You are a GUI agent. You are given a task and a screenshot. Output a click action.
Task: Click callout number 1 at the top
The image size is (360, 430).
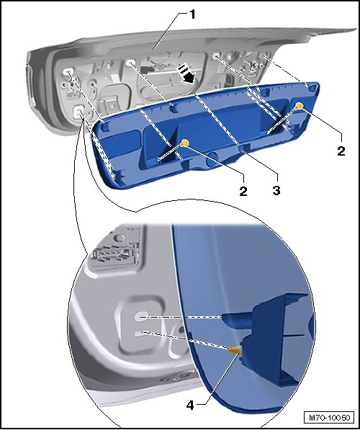click(x=193, y=14)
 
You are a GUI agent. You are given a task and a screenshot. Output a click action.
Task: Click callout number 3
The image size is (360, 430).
click(x=276, y=190)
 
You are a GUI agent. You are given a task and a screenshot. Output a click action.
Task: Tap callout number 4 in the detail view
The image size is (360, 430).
click(x=190, y=405)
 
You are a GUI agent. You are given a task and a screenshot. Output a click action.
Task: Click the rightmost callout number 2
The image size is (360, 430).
click(x=341, y=151)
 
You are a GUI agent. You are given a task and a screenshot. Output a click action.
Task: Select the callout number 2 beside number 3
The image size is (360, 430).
click(x=243, y=191)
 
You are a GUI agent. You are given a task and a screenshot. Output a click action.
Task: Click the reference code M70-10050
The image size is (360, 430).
click(x=329, y=418)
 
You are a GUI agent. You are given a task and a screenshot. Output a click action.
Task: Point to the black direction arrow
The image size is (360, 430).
click(x=186, y=73)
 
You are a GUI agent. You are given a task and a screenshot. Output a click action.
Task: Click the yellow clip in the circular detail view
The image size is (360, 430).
click(x=235, y=349)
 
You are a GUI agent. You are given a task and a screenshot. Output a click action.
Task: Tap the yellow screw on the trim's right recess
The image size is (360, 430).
click(x=299, y=105)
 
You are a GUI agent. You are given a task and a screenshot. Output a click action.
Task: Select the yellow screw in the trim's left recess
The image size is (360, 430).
click(x=185, y=143)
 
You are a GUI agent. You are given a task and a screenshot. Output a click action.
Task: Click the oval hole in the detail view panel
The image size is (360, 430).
click(x=142, y=317)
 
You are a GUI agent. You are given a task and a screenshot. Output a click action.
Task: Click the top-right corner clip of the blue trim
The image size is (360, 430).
click(x=310, y=87)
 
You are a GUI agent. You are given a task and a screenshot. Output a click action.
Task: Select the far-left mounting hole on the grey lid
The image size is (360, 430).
click(x=68, y=72)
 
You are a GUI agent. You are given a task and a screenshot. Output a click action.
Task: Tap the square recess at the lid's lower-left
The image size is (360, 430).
click(x=79, y=112)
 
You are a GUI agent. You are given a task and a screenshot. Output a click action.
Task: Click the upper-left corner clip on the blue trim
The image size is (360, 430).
click(x=106, y=126)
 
